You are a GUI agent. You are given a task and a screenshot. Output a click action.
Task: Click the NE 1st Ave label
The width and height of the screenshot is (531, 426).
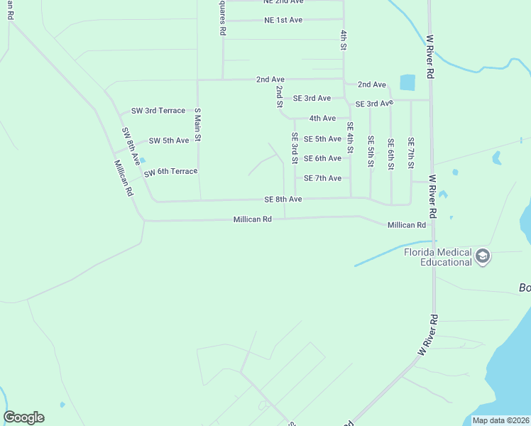pyautogui.click(x=283, y=20)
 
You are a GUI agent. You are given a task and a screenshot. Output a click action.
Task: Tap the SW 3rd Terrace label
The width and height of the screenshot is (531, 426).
pyautogui.click(x=158, y=111)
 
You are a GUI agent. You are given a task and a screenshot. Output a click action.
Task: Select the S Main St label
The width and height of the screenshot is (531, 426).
pyautogui.click(x=198, y=125)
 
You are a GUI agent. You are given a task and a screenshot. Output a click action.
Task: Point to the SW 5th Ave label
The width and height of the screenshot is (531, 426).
pyautogui.click(x=168, y=141)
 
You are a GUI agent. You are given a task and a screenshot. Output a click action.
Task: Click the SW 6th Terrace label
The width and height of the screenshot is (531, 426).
pyautogui.click(x=170, y=173)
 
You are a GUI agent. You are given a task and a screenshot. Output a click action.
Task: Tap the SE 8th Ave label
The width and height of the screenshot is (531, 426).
pyautogui.click(x=283, y=200)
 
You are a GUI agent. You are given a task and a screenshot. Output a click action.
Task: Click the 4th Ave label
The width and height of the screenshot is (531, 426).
pyautogui.click(x=322, y=118)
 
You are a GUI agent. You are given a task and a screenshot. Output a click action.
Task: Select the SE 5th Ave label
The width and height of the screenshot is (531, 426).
pyautogui.click(x=322, y=139)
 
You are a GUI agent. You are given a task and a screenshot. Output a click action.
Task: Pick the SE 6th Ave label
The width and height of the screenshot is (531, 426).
pyautogui.click(x=322, y=158)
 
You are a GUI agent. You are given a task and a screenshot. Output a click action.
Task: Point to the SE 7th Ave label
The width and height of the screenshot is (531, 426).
pyautogui.click(x=322, y=178)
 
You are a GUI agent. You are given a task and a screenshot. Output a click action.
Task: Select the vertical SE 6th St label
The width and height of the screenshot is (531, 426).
pyautogui.click(x=390, y=153)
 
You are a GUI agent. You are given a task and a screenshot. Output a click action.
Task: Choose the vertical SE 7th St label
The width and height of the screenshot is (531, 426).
pyautogui.click(x=410, y=153)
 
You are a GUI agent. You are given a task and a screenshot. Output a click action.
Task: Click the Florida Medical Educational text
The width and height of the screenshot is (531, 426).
pyautogui.click(x=437, y=256)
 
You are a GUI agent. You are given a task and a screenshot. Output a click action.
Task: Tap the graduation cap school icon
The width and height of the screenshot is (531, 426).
pyautogui.click(x=483, y=256)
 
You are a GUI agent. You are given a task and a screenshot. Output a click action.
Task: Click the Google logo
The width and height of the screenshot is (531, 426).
pyautogui.click(x=23, y=417)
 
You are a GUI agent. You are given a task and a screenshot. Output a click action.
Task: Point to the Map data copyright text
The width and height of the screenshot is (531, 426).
pyautogui.click(x=500, y=420)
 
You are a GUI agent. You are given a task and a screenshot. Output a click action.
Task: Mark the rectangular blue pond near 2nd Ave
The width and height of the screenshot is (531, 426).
pyautogui.click(x=407, y=82)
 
